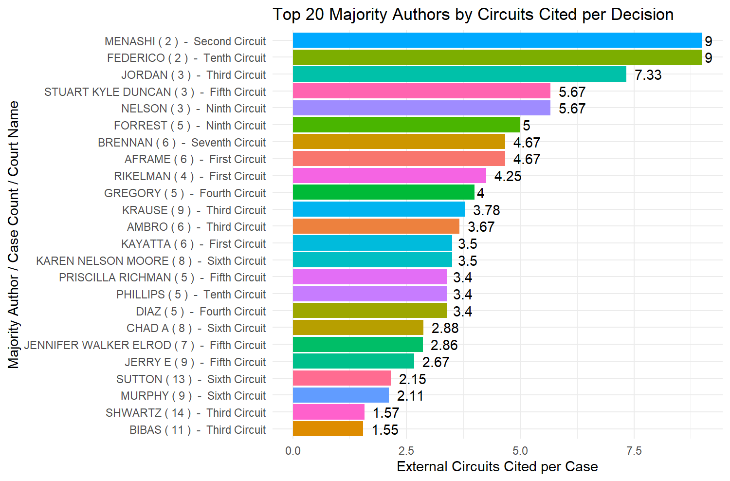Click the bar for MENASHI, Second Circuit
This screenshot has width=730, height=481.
(497, 41)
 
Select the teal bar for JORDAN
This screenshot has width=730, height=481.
(459, 74)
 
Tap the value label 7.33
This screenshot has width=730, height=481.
(648, 75)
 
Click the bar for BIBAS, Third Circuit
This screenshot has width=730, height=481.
(328, 429)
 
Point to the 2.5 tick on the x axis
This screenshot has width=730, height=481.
(406, 451)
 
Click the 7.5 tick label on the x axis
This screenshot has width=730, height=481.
(634, 451)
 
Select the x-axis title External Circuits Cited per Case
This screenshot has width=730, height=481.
(497, 467)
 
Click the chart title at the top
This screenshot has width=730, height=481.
(473, 15)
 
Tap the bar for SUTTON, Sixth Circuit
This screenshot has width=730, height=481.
(342, 379)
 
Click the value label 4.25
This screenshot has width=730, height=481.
(508, 176)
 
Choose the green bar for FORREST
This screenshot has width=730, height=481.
(406, 125)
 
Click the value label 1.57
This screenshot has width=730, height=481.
(385, 413)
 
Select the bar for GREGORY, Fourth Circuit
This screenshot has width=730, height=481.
(383, 193)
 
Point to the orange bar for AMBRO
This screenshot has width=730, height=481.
(376, 227)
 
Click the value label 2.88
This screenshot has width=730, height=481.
(445, 328)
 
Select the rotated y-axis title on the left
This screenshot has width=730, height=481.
(13, 235)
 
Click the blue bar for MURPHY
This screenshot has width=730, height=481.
(341, 396)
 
